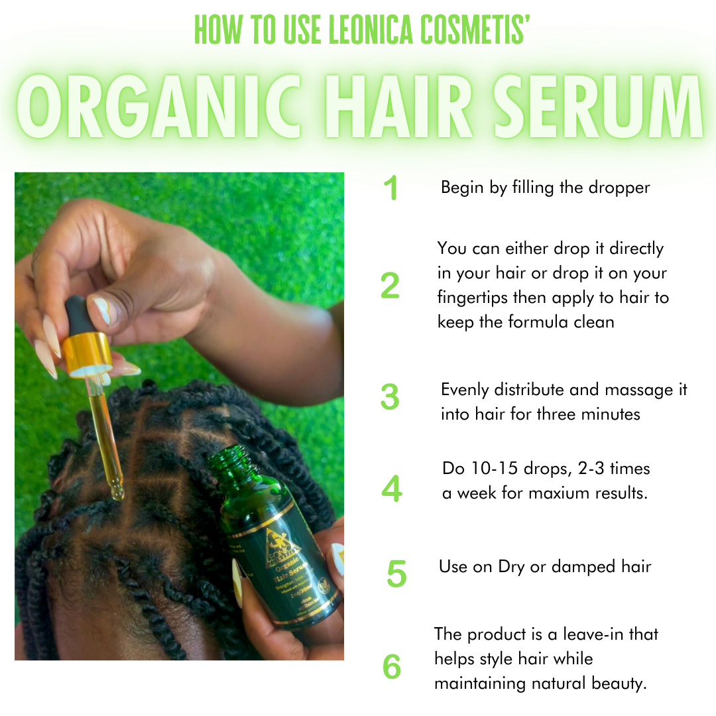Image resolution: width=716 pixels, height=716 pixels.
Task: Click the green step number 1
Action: pos(391,189)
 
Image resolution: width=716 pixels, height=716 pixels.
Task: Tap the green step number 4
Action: pos(392,489)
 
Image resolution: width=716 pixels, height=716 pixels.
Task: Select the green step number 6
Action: pos(392,668)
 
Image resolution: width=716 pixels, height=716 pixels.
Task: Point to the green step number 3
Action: pos(390,397)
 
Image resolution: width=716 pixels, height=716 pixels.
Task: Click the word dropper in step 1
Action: pos(619,188)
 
